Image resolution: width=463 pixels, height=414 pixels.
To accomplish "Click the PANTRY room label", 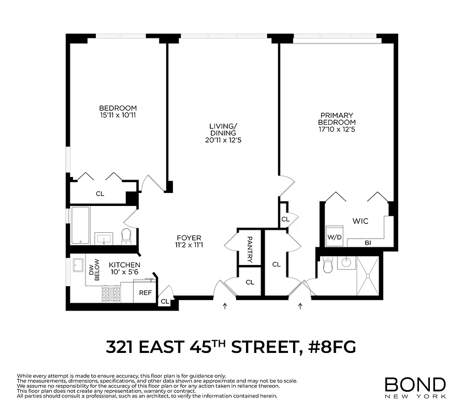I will (x=250, y=249).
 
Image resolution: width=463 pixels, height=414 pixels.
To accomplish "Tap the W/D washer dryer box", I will (x=335, y=238).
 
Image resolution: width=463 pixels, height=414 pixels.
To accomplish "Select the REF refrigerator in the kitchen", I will (x=145, y=293).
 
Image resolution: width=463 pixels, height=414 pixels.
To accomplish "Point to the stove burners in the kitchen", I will (x=111, y=294).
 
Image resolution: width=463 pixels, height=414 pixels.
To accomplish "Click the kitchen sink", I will (x=79, y=265).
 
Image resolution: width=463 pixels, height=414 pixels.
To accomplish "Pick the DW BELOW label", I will (x=94, y=269).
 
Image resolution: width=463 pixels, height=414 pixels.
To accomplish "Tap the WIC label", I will (x=360, y=221).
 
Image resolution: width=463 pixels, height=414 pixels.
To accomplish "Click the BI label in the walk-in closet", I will (x=368, y=243).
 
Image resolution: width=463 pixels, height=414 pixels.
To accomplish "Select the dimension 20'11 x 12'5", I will (x=223, y=140).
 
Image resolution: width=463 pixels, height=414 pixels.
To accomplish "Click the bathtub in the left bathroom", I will (x=81, y=226).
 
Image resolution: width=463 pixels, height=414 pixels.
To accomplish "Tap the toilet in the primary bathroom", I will (x=327, y=265).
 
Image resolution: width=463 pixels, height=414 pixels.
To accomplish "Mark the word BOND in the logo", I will (x=415, y=384).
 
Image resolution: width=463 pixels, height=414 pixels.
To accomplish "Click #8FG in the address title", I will (x=330, y=346).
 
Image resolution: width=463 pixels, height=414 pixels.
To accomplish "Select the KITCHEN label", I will (x=124, y=264).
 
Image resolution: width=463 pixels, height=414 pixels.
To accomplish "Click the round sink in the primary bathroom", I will (x=345, y=262).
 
